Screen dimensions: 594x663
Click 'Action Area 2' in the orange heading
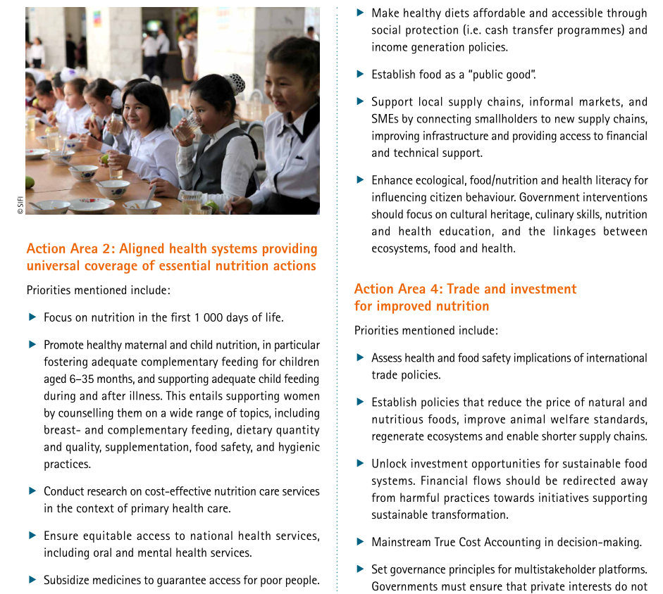(x=70, y=249)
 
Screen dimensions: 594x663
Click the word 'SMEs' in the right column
(x=385, y=119)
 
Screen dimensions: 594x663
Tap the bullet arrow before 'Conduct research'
(x=32, y=491)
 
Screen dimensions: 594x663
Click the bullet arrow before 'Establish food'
(x=360, y=74)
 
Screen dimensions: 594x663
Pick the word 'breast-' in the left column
(x=63, y=430)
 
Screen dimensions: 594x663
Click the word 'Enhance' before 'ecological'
(x=392, y=181)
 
